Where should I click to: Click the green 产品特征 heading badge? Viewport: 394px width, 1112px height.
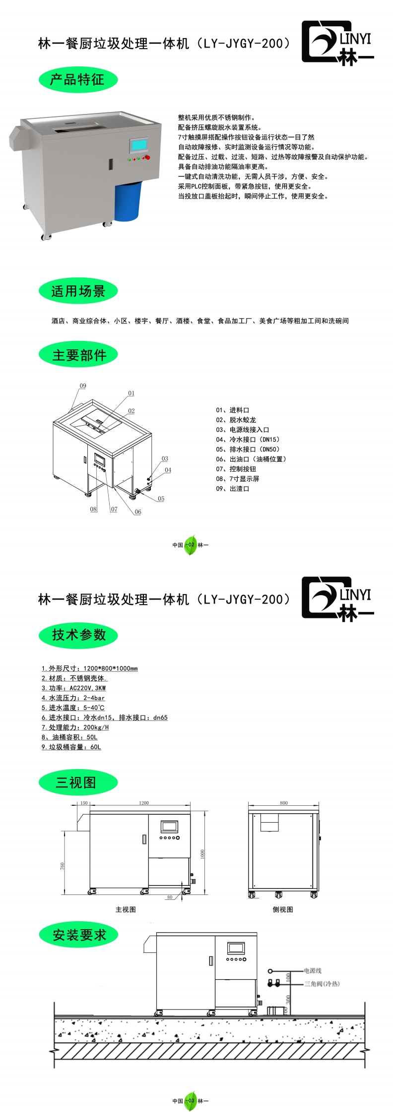tap(78, 80)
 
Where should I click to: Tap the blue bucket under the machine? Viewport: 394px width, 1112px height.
tap(128, 201)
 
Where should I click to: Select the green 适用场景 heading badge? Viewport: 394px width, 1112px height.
tap(78, 291)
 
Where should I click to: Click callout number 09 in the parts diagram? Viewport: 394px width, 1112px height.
tap(83, 386)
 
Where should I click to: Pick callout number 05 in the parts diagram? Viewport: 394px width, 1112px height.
tap(161, 499)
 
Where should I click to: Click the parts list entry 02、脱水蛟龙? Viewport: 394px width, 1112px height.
tap(236, 420)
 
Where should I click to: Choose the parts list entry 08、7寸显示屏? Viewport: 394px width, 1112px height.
tap(237, 479)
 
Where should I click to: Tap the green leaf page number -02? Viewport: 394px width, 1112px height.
tap(191, 545)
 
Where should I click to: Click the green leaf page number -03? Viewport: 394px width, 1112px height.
tap(191, 1101)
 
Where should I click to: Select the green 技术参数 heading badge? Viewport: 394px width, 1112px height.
tap(78, 635)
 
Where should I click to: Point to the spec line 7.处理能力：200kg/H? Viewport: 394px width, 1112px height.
tap(75, 727)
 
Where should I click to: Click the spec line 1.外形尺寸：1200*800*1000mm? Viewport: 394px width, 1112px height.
tap(89, 668)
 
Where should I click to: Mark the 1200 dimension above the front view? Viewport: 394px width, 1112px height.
tap(143, 803)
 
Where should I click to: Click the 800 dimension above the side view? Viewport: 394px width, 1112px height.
tap(283, 803)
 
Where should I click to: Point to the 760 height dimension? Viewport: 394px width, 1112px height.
tap(63, 865)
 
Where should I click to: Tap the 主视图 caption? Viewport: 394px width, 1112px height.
tap(126, 909)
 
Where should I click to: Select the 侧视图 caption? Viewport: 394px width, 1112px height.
tap(283, 909)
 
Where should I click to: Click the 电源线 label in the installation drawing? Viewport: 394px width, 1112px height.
tap(313, 970)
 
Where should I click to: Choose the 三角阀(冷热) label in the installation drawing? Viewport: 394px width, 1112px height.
tap(322, 984)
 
